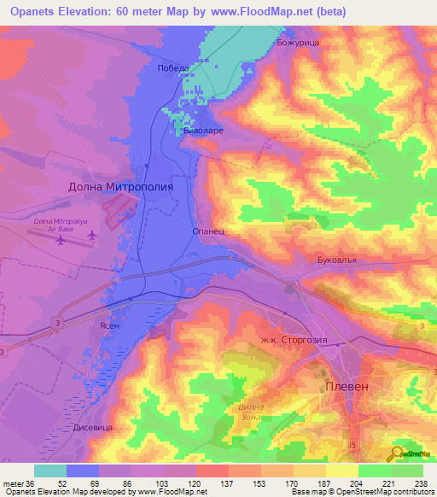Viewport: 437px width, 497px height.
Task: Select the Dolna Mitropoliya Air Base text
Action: [x=58, y=225]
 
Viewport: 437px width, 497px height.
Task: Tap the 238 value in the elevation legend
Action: [x=418, y=483]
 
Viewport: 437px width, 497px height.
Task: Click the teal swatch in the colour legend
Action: [x=50, y=471]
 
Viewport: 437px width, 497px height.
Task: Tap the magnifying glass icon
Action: [x=396, y=453]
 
